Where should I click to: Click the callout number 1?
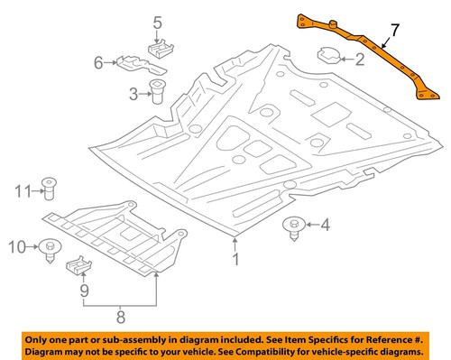(235, 262)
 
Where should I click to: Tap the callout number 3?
(133, 93)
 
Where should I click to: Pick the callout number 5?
(156, 23)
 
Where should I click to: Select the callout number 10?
(16, 245)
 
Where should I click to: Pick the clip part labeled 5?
(161, 47)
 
